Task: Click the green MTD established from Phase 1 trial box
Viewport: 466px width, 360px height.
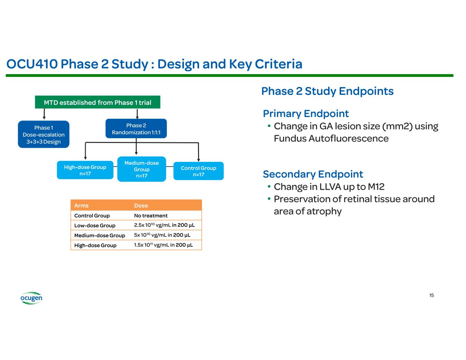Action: [x=98, y=102]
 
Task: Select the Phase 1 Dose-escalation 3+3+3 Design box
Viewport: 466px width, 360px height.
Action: [x=44, y=134]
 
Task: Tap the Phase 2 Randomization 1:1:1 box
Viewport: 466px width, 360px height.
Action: [x=136, y=129]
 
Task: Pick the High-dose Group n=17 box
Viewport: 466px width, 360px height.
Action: [x=85, y=170]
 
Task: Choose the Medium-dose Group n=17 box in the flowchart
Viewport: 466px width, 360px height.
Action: [x=142, y=169]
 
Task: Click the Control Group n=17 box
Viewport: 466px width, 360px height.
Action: [x=199, y=171]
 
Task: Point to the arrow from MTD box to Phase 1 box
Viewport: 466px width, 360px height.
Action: [x=44, y=114]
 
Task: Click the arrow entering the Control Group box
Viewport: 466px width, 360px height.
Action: [x=199, y=152]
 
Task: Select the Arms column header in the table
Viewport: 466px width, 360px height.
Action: [x=82, y=205]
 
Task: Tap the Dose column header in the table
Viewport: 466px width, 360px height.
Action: [x=141, y=205]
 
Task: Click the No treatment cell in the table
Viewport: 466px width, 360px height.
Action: [x=151, y=216]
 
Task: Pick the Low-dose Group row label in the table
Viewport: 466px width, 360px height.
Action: [x=95, y=226]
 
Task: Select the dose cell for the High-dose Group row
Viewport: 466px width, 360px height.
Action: [x=164, y=245]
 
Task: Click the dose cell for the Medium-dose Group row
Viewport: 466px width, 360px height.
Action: [x=162, y=235]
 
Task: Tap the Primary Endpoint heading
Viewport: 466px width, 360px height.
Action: [x=306, y=114]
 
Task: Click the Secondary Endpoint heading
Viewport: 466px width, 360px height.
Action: [x=313, y=174]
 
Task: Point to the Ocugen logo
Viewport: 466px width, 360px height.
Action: [x=31, y=298]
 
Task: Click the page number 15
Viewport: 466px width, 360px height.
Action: [x=432, y=295]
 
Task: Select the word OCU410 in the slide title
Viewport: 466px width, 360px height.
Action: [x=32, y=64]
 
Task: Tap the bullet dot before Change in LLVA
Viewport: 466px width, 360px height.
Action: [x=269, y=186]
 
